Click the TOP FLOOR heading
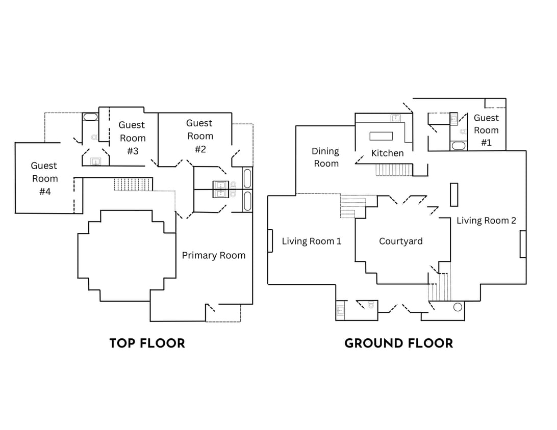tap(147, 343)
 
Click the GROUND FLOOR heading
tap(398, 343)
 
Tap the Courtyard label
tap(400, 241)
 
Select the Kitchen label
tap(387, 153)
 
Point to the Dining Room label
tap(325, 157)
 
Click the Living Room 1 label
tap(311, 241)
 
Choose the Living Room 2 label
tap(486, 221)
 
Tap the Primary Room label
tap(213, 256)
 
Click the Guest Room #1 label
tap(486, 130)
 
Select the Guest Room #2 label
tap(199, 136)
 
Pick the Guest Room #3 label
tap(133, 138)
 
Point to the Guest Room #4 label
tap(44, 179)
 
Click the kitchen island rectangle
tap(381, 136)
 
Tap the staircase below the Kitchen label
tap(394, 170)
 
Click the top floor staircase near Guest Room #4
tap(133, 184)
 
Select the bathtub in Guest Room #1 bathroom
tap(458, 146)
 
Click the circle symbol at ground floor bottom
tap(458, 307)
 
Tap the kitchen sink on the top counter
tap(396, 118)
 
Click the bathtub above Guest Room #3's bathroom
tap(90, 117)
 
